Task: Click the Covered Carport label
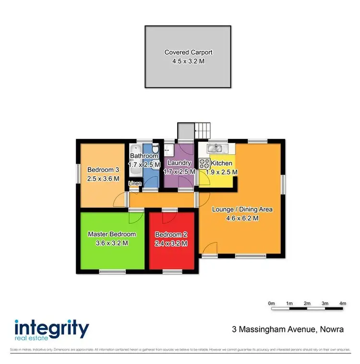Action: pyautogui.click(x=188, y=52)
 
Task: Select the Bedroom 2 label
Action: pyautogui.click(x=171, y=234)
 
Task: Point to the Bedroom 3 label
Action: pyautogui.click(x=103, y=170)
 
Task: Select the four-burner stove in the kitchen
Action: pyautogui.click(x=204, y=163)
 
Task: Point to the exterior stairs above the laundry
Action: pyautogui.click(x=202, y=130)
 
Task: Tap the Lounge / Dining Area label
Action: pyautogui.click(x=242, y=209)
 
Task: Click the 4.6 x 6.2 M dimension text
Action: pyautogui.click(x=242, y=218)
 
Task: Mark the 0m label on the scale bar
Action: pyautogui.click(x=271, y=303)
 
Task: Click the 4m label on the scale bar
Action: pyautogui.click(x=342, y=303)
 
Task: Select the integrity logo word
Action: pyautogui.click(x=52, y=329)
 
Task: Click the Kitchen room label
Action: pyautogui.click(x=222, y=164)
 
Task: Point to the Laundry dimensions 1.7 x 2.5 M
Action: pyautogui.click(x=179, y=171)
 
